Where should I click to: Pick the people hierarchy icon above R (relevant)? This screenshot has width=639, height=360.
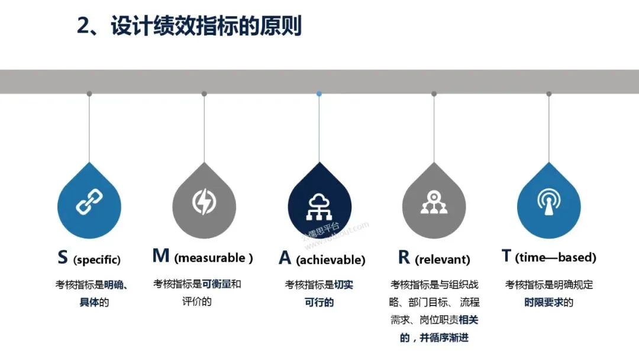[434, 202]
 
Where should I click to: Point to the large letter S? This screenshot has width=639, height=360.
[63, 257]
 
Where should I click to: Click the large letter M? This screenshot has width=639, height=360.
[161, 256]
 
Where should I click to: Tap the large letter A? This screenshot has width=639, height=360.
[285, 258]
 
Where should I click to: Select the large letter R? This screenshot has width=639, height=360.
[404, 257]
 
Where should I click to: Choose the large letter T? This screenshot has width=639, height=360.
[506, 256]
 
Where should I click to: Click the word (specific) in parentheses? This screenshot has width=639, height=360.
[97, 259]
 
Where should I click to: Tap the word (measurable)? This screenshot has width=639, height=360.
[214, 258]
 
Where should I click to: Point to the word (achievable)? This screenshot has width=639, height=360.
[330, 260]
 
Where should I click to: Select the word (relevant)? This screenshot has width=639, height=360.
[443, 259]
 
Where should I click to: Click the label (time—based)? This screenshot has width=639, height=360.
[556, 258]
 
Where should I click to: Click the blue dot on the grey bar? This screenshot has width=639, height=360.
[319, 94]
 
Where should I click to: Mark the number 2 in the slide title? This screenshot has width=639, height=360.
[84, 27]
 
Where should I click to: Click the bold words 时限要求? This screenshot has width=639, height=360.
[544, 303]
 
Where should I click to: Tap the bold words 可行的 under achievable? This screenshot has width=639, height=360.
[319, 303]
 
